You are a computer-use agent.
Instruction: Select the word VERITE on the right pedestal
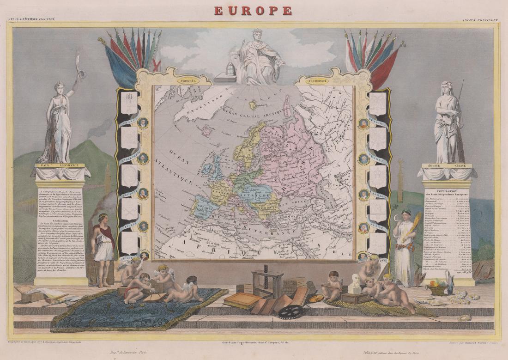(459, 165)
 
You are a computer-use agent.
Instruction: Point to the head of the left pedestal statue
(59, 87)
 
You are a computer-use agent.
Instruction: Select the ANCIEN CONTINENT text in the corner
(480, 19)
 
